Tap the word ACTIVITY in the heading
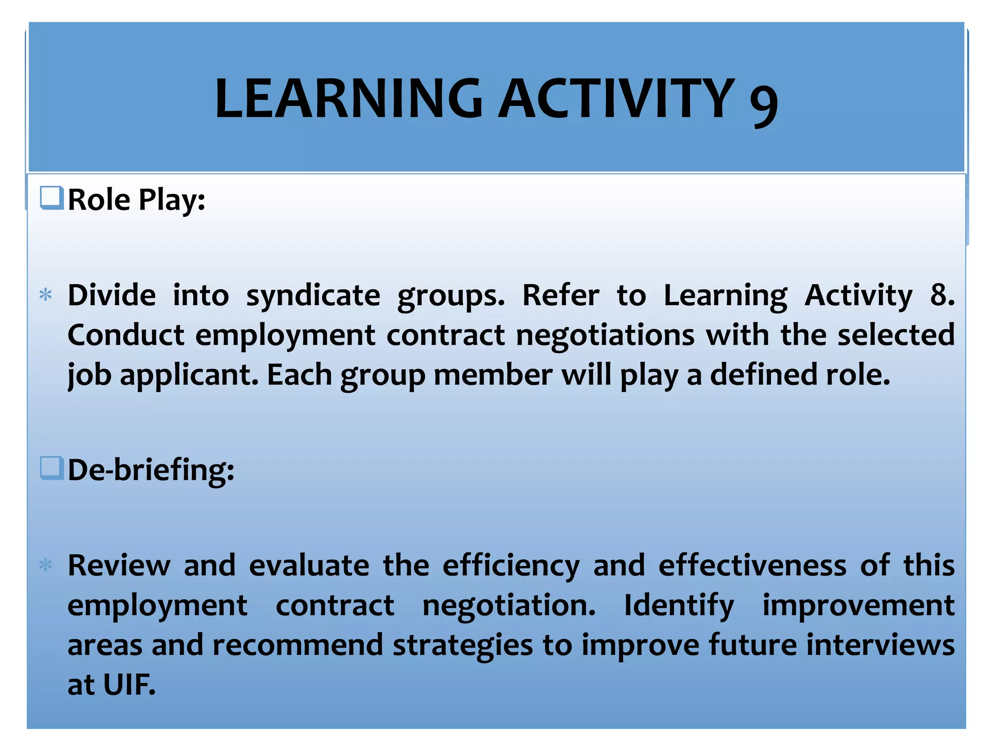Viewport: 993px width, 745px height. (616, 99)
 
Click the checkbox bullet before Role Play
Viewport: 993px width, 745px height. (51, 198)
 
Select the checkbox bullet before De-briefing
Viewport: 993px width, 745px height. (51, 468)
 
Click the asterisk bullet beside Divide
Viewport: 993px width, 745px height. (46, 295)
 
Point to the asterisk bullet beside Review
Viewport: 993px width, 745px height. (46, 566)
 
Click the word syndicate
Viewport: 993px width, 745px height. (313, 295)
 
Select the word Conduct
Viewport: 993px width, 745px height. (126, 335)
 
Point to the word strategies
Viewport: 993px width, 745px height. (463, 646)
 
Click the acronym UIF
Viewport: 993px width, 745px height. (129, 685)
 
